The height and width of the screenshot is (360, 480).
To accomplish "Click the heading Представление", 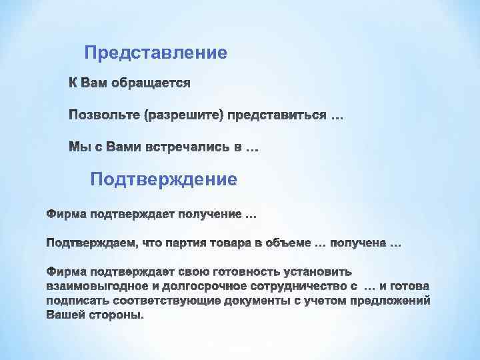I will (x=156, y=52).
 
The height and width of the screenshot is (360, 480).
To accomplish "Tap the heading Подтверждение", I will (x=163, y=179).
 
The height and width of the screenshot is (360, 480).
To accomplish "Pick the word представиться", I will (x=277, y=117).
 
